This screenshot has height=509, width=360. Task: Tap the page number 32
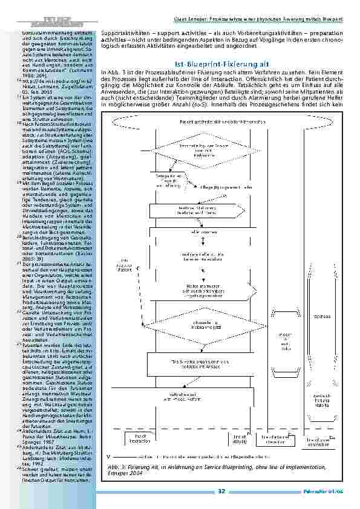(x=222, y=491)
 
